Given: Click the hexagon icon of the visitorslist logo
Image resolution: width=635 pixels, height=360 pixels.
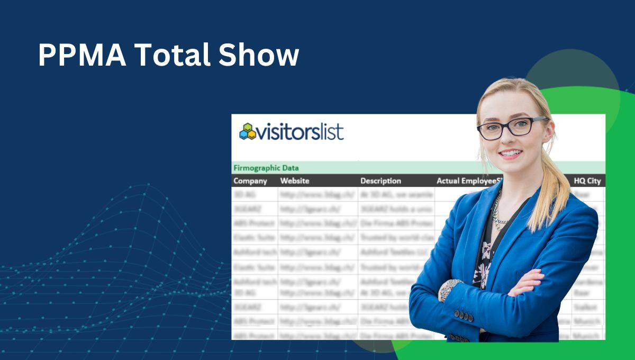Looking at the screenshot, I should click(247, 131).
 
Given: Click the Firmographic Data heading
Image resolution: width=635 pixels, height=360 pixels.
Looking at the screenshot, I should click(266, 168).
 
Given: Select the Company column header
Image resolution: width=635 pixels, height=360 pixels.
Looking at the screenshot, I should click(250, 181).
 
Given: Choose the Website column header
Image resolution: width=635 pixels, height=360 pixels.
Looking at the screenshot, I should click(295, 181).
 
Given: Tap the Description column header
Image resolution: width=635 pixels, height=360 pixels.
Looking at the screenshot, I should click(380, 181).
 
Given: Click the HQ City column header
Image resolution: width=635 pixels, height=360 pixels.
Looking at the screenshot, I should click(587, 181).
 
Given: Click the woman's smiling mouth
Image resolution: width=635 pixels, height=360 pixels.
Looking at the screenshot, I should click(511, 154).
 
